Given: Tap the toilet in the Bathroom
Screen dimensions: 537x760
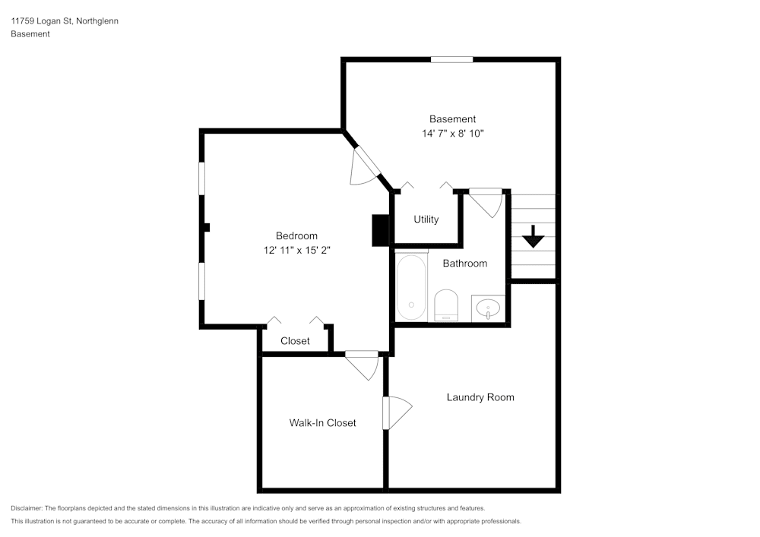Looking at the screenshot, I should tap(446, 305).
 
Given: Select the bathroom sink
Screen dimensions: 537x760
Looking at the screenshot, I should tap(487, 308).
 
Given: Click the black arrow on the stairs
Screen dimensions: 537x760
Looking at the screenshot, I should tap(534, 236).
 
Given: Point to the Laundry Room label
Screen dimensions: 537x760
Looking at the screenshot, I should tap(480, 397).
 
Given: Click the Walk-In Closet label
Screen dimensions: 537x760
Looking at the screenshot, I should tap(322, 423).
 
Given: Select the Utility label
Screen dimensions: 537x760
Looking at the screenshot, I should tap(426, 220).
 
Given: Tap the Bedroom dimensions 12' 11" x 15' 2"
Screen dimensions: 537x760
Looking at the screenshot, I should tap(296, 250).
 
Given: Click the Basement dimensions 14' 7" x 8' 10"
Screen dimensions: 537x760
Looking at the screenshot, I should tap(453, 133).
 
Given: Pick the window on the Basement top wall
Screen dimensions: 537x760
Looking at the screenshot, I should tap(451, 59).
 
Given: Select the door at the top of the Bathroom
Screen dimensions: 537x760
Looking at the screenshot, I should tap(485, 201).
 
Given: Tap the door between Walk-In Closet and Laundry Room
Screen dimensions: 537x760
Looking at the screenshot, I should tap(395, 412).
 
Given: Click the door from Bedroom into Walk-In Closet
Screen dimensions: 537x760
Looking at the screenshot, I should tap(363, 363).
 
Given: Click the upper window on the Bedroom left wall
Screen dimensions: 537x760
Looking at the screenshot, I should tap(202, 179).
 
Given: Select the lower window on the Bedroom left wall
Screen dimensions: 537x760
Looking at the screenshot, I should tap(202, 281).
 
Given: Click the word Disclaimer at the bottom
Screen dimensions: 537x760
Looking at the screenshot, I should tap(27, 508).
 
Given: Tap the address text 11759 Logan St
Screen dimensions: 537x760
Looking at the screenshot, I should tap(42, 21).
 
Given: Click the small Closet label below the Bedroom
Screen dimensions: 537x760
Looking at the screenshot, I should tap(295, 341).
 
